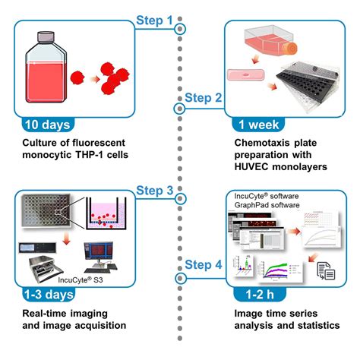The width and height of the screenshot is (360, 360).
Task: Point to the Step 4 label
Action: [204, 265]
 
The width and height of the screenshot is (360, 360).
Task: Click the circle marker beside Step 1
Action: [180, 29]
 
